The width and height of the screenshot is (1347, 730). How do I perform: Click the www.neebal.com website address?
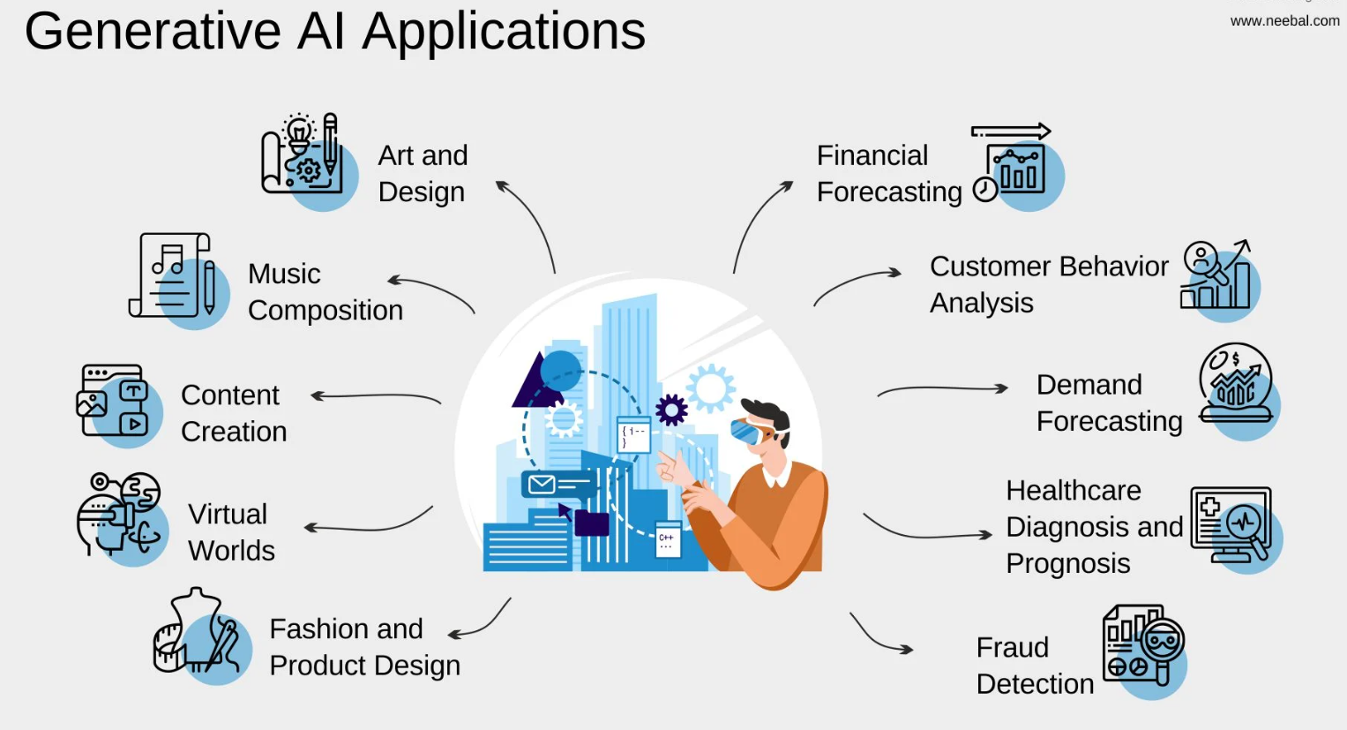[1284, 20]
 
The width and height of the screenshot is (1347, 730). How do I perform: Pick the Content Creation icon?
[115, 403]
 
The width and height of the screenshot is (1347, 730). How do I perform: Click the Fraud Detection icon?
[1143, 644]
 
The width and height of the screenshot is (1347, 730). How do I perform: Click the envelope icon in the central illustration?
[542, 484]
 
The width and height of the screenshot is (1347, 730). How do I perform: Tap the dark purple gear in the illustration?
[671, 410]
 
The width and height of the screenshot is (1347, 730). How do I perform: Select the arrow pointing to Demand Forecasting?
[942, 388]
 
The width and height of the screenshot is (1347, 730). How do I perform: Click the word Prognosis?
[1067, 563]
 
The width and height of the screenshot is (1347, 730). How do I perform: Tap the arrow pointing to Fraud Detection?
[879, 636]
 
